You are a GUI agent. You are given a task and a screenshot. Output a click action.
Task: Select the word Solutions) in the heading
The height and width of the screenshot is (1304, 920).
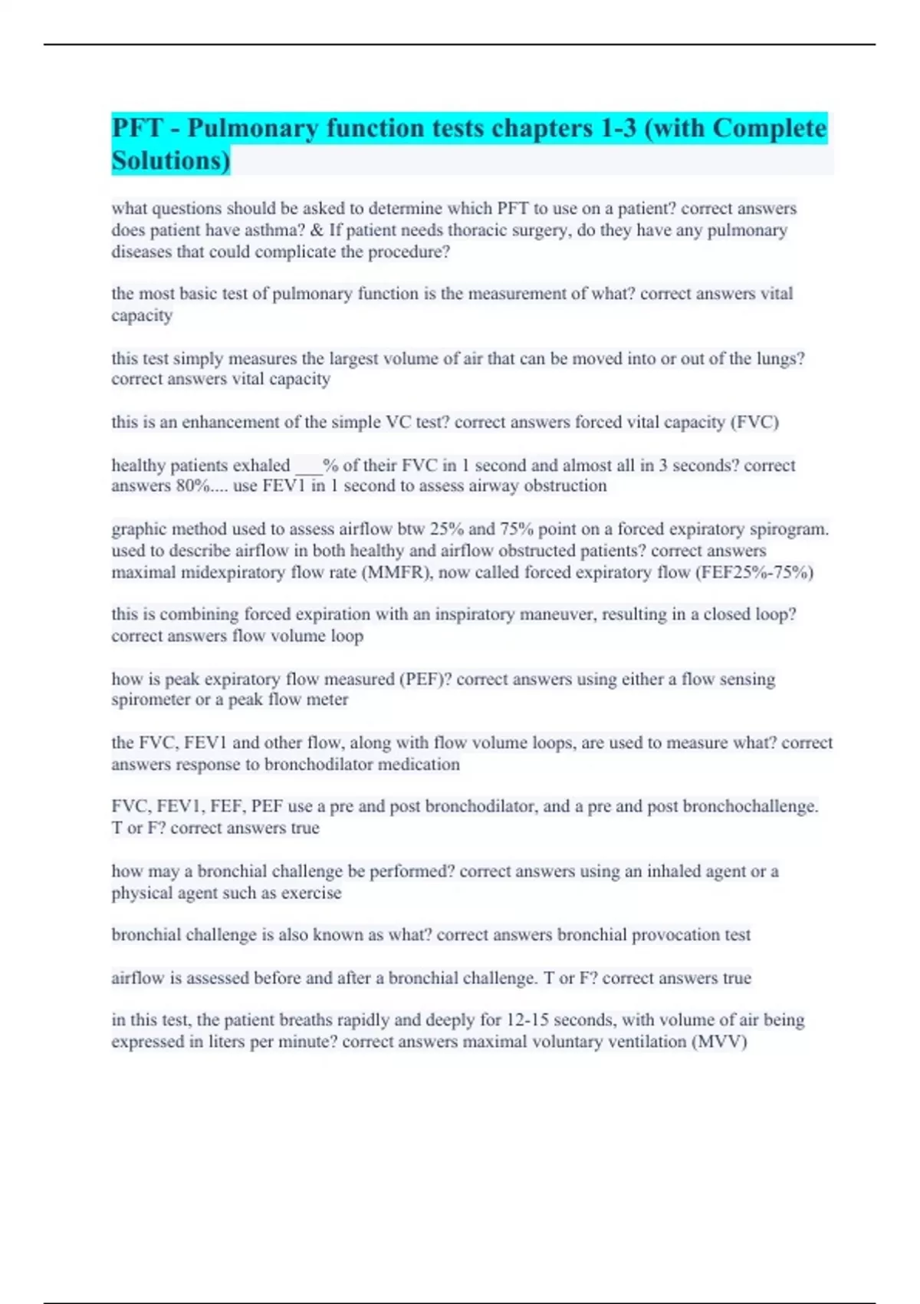[x=171, y=161]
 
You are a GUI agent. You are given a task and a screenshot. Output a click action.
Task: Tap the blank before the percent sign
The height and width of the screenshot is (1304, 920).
[x=307, y=466]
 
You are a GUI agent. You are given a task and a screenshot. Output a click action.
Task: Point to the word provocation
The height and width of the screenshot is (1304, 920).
[x=667, y=935]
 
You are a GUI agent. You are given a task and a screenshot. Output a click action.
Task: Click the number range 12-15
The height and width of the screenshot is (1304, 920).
[x=526, y=1020]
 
